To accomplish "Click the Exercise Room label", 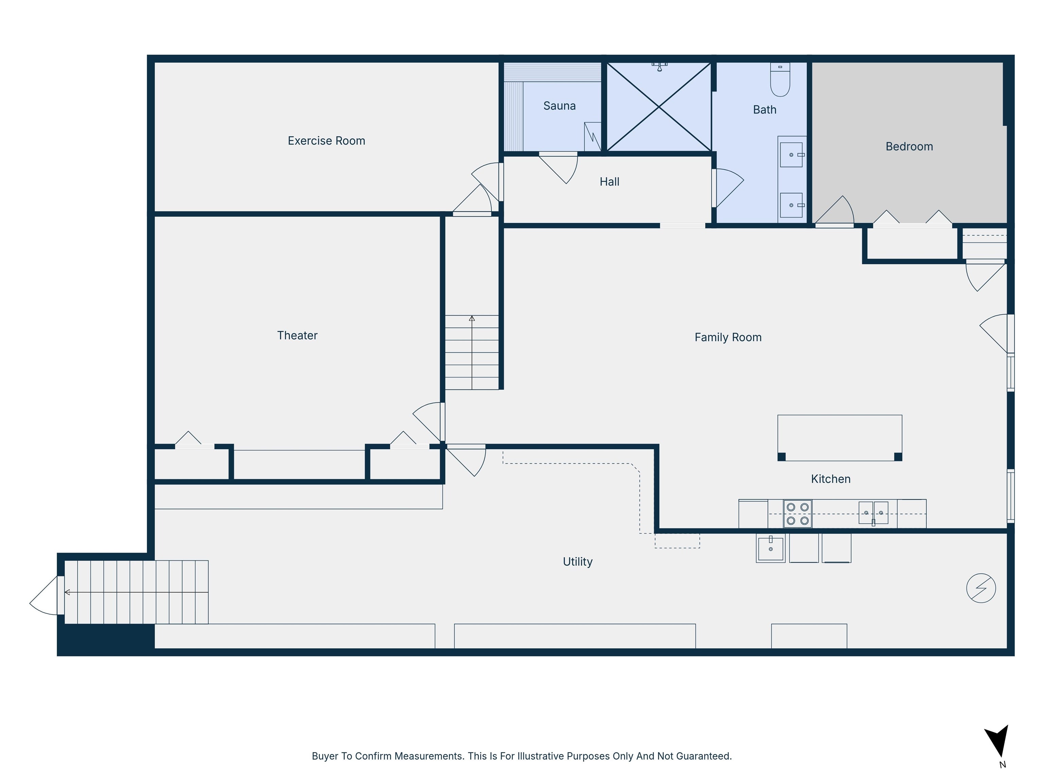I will click(326, 141).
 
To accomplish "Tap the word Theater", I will click(297, 335).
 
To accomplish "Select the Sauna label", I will click(559, 106).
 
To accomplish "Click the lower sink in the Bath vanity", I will click(791, 205).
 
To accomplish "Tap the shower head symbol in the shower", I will click(659, 67).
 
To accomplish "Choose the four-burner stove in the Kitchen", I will click(798, 514).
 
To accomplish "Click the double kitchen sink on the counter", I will click(873, 512).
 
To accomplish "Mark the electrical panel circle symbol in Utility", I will click(981, 588).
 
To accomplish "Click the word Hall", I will click(609, 182).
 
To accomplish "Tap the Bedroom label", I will click(909, 146).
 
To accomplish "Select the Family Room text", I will click(728, 337).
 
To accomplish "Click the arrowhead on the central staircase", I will click(471, 318).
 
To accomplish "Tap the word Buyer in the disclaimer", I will click(325, 755).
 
